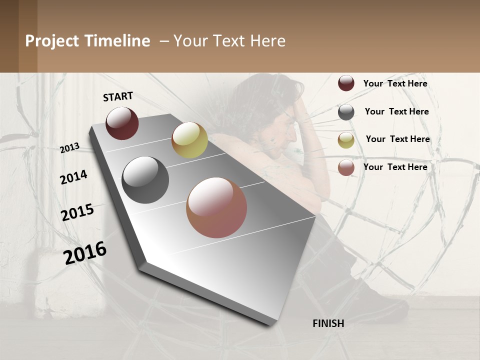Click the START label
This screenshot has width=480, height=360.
(x=118, y=96)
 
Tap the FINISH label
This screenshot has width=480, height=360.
(x=328, y=323)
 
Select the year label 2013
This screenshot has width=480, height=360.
(x=70, y=147)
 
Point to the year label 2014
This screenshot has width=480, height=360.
(x=73, y=177)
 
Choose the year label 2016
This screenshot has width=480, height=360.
(x=85, y=252)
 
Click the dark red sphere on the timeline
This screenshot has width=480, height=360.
(x=122, y=123)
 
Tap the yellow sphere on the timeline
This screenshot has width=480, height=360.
(x=189, y=140)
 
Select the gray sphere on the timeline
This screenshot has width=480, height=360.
(x=145, y=180)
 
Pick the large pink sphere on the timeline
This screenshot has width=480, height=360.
(x=216, y=207)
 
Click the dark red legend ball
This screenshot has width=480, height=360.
(x=346, y=83)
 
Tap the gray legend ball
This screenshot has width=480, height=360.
(x=346, y=112)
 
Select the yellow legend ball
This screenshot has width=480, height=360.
(x=346, y=140)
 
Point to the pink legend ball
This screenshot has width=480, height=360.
(x=346, y=167)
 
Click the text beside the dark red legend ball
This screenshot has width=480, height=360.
(x=395, y=83)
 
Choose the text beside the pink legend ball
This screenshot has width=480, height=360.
(x=395, y=167)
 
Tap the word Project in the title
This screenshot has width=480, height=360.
(x=51, y=41)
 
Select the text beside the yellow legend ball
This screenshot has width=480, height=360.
(x=397, y=139)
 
